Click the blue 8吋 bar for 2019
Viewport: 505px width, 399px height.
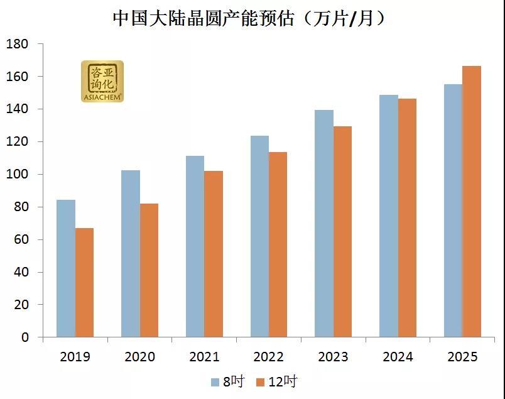(x=66, y=268)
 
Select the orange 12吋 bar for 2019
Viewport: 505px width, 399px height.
(x=84, y=283)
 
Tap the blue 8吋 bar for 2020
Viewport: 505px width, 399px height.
(x=131, y=254)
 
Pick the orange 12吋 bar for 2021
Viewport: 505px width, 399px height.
(x=214, y=254)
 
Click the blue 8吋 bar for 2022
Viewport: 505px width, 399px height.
(x=259, y=236)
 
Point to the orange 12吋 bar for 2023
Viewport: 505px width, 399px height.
(x=342, y=231)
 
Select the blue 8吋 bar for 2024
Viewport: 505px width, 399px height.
(x=389, y=216)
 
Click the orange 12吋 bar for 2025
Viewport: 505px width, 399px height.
(x=472, y=202)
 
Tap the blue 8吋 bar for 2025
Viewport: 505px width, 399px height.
(x=453, y=210)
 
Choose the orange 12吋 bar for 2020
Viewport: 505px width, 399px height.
(x=149, y=270)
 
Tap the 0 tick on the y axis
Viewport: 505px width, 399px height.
(x=24, y=337)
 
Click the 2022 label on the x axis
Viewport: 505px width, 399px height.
(x=269, y=357)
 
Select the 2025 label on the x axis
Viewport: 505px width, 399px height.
(x=462, y=357)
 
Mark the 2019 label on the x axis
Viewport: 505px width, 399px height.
(x=75, y=357)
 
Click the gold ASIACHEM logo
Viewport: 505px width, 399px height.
(x=102, y=81)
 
